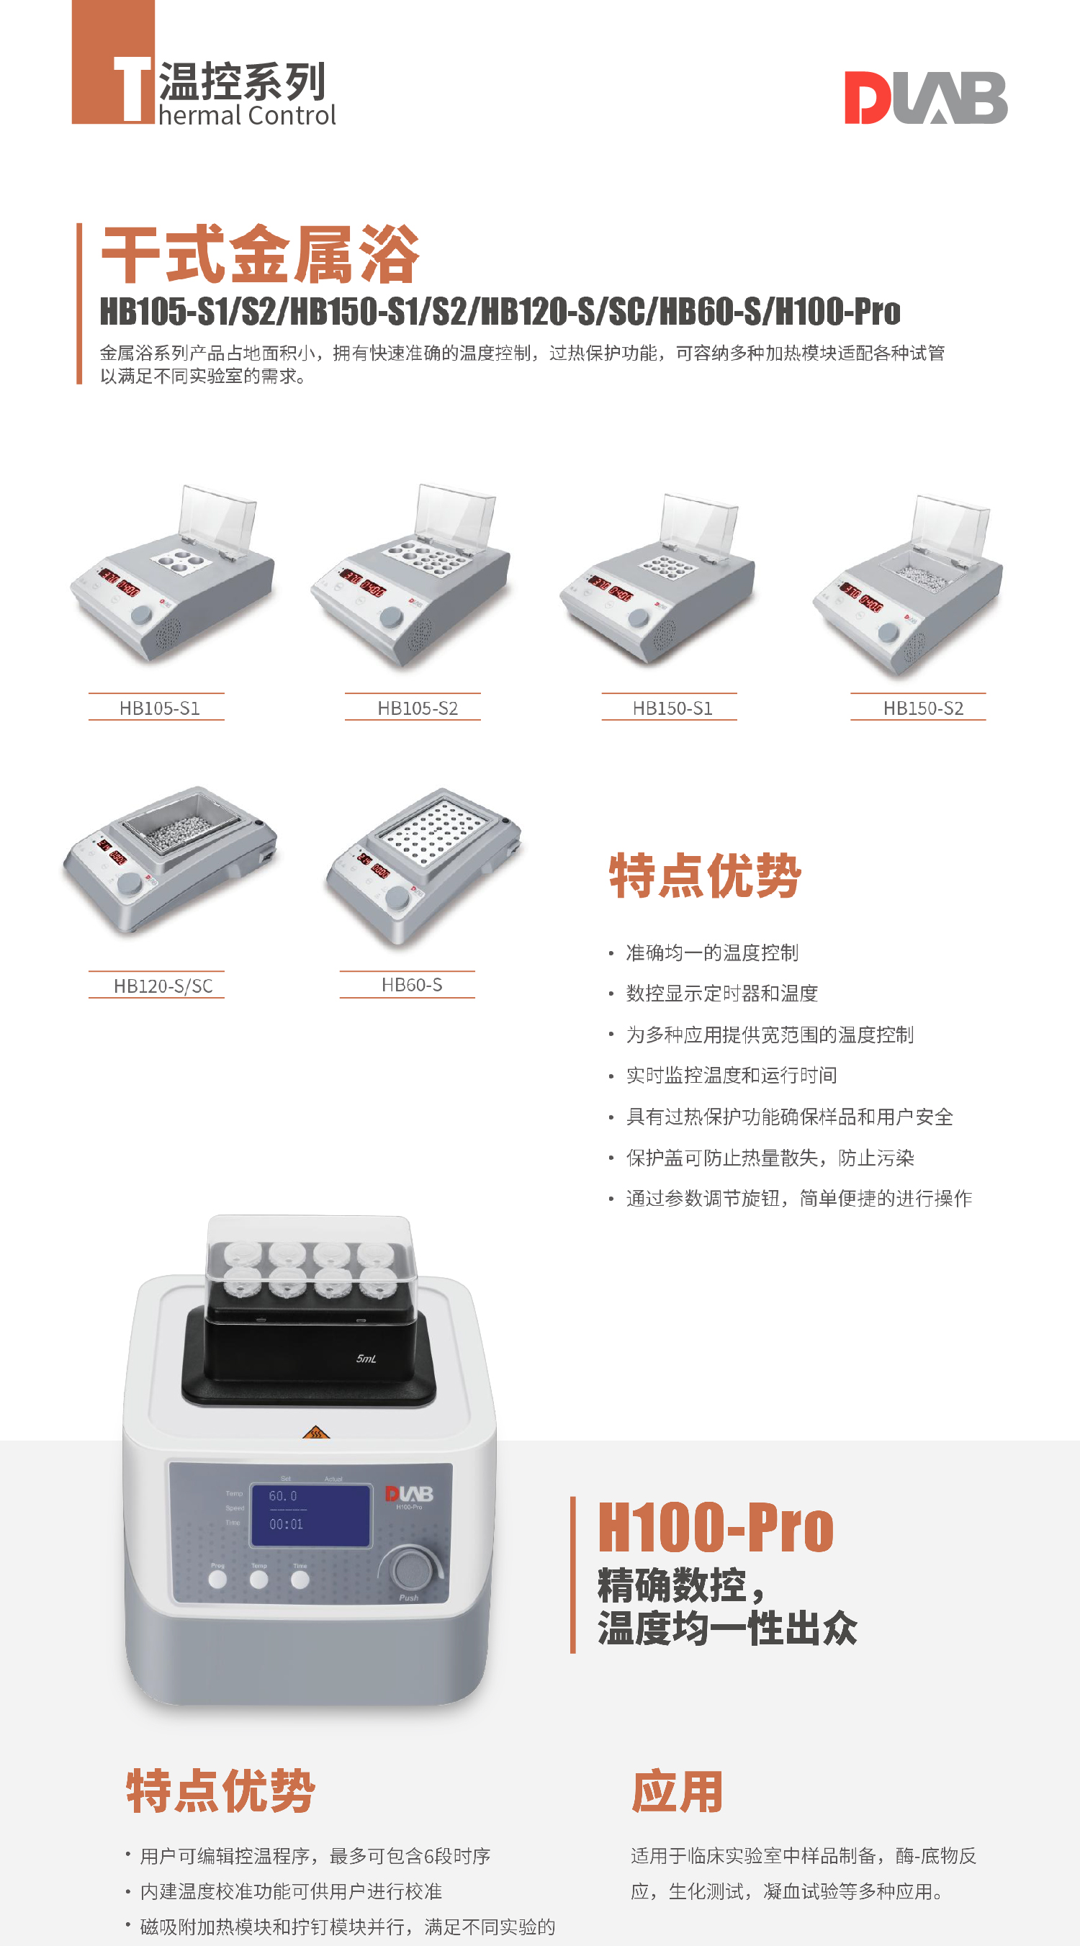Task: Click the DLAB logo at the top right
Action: tap(926, 97)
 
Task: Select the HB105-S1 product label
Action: tap(159, 708)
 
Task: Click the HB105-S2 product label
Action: tap(418, 708)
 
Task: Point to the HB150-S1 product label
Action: tap(672, 708)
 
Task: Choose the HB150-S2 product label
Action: tap(923, 708)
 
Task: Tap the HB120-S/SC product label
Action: tap(163, 986)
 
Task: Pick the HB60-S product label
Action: tap(412, 984)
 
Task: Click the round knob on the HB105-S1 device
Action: tap(141, 614)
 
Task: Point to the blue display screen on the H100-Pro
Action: tap(310, 1515)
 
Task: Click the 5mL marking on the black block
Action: tap(366, 1359)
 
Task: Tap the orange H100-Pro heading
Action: tap(715, 1527)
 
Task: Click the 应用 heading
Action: tap(678, 1791)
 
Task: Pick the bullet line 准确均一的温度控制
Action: tap(711, 952)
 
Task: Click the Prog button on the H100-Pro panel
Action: tap(217, 1580)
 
